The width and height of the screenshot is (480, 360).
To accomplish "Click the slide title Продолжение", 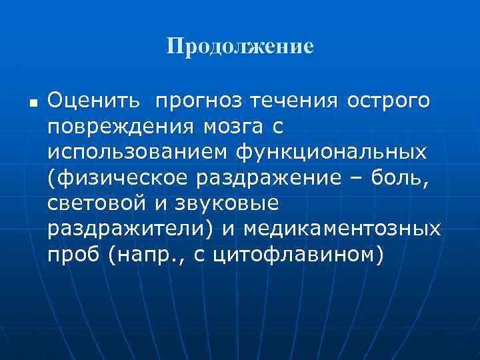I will point(240,47).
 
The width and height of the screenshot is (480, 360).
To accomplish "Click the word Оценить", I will point(94,102).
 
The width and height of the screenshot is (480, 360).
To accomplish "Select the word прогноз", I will point(200,102).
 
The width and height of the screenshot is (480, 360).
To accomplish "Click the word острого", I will point(388,102).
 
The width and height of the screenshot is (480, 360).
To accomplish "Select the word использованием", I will point(137,153).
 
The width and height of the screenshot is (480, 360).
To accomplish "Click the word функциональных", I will point(330,153).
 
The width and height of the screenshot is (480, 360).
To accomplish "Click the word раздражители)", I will point(131,229).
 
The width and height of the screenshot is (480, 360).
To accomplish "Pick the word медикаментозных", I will point(342,229).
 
